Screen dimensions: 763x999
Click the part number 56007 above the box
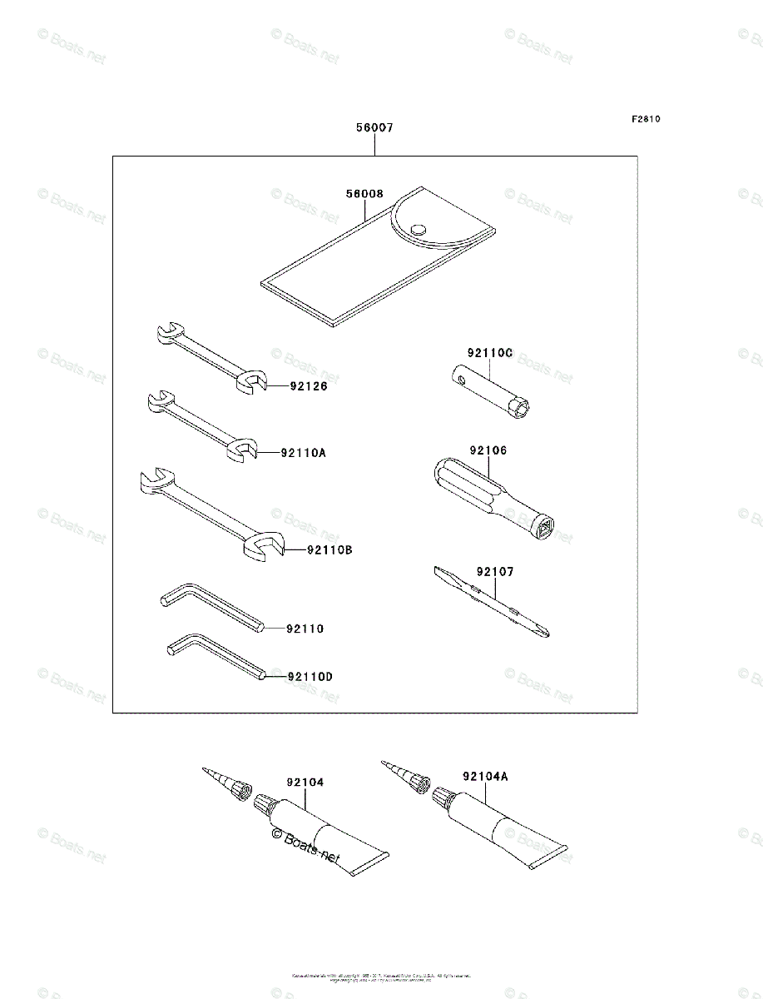pyautogui.click(x=374, y=128)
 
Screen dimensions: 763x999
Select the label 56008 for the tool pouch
pyautogui.click(x=364, y=194)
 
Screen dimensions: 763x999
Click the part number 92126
pyautogui.click(x=310, y=386)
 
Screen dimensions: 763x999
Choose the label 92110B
pyautogui.click(x=329, y=549)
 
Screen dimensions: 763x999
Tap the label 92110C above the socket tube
pyautogui.click(x=490, y=353)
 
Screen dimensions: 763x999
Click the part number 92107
pyautogui.click(x=495, y=572)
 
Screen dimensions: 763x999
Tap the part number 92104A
pyautogui.click(x=485, y=776)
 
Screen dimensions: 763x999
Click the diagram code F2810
pyautogui.click(x=645, y=119)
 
